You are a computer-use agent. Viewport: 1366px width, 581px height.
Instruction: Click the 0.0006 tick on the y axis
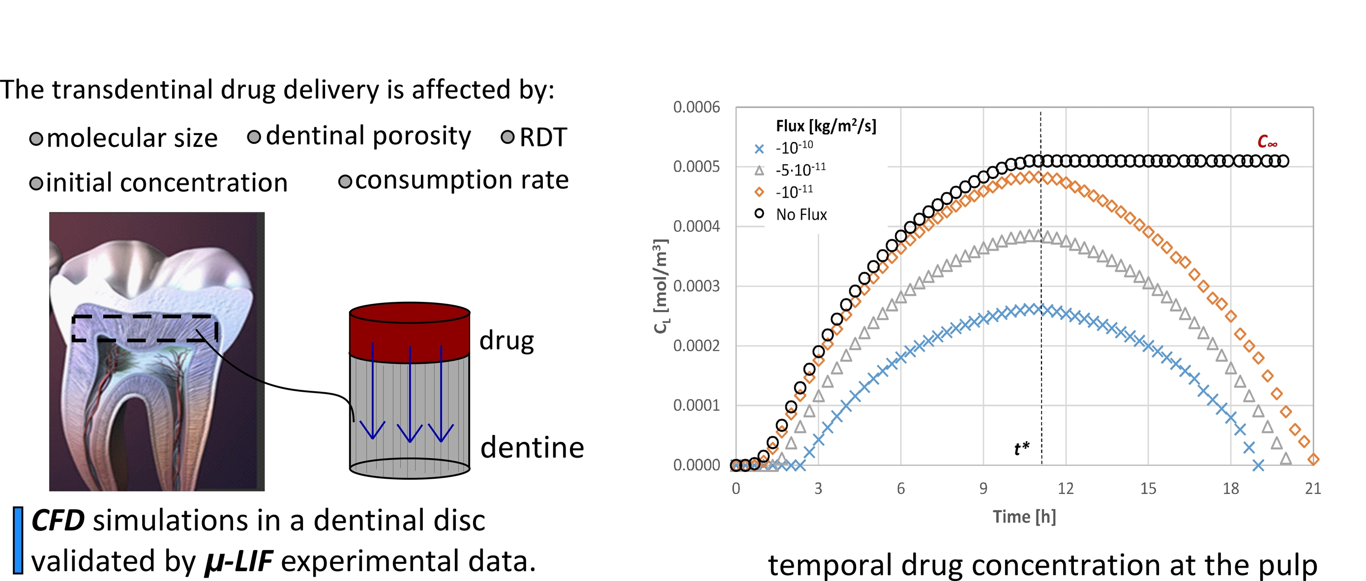696,108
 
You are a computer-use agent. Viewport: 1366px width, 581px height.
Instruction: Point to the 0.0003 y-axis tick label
696,286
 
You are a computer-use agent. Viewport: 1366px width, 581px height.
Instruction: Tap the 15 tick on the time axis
1148,488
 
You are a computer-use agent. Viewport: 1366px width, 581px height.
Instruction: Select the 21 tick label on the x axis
1313,488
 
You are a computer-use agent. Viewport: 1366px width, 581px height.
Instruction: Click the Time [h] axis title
1024,517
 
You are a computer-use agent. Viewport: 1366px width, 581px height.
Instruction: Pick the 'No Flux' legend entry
801,215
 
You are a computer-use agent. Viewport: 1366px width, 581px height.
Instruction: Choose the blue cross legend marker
759,149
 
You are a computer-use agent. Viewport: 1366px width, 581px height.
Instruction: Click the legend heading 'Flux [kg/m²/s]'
826,126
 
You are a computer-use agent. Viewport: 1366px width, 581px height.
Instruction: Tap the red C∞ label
1267,142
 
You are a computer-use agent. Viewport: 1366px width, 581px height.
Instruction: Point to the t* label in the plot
1021,449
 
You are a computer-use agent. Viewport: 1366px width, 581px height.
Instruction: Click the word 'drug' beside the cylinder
506,341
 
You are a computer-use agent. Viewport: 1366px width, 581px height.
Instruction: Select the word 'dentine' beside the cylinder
532,448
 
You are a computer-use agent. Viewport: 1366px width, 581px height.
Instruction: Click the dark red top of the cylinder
410,329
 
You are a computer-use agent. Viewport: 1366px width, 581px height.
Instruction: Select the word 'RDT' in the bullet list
543,138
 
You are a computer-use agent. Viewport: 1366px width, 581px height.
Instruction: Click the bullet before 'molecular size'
36,139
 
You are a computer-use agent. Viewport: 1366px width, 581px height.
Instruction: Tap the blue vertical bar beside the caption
18,540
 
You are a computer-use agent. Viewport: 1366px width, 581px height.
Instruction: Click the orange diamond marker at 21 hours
1313,460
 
